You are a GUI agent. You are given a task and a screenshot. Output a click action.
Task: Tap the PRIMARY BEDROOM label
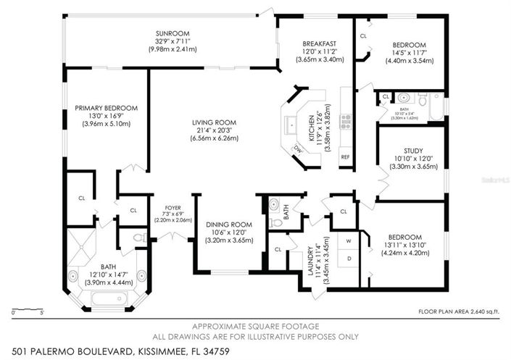[106, 108]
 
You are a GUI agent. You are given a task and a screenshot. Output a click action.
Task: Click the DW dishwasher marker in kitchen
[297, 148]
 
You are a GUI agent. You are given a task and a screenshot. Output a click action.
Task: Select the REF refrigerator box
[345, 156]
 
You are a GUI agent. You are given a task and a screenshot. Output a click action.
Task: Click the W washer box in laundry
[348, 241]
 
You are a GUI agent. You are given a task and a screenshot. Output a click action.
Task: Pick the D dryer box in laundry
[348, 257]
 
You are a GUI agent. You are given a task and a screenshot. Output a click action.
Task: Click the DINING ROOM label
[228, 225]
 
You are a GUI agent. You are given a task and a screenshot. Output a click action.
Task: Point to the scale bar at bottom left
[28, 312]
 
